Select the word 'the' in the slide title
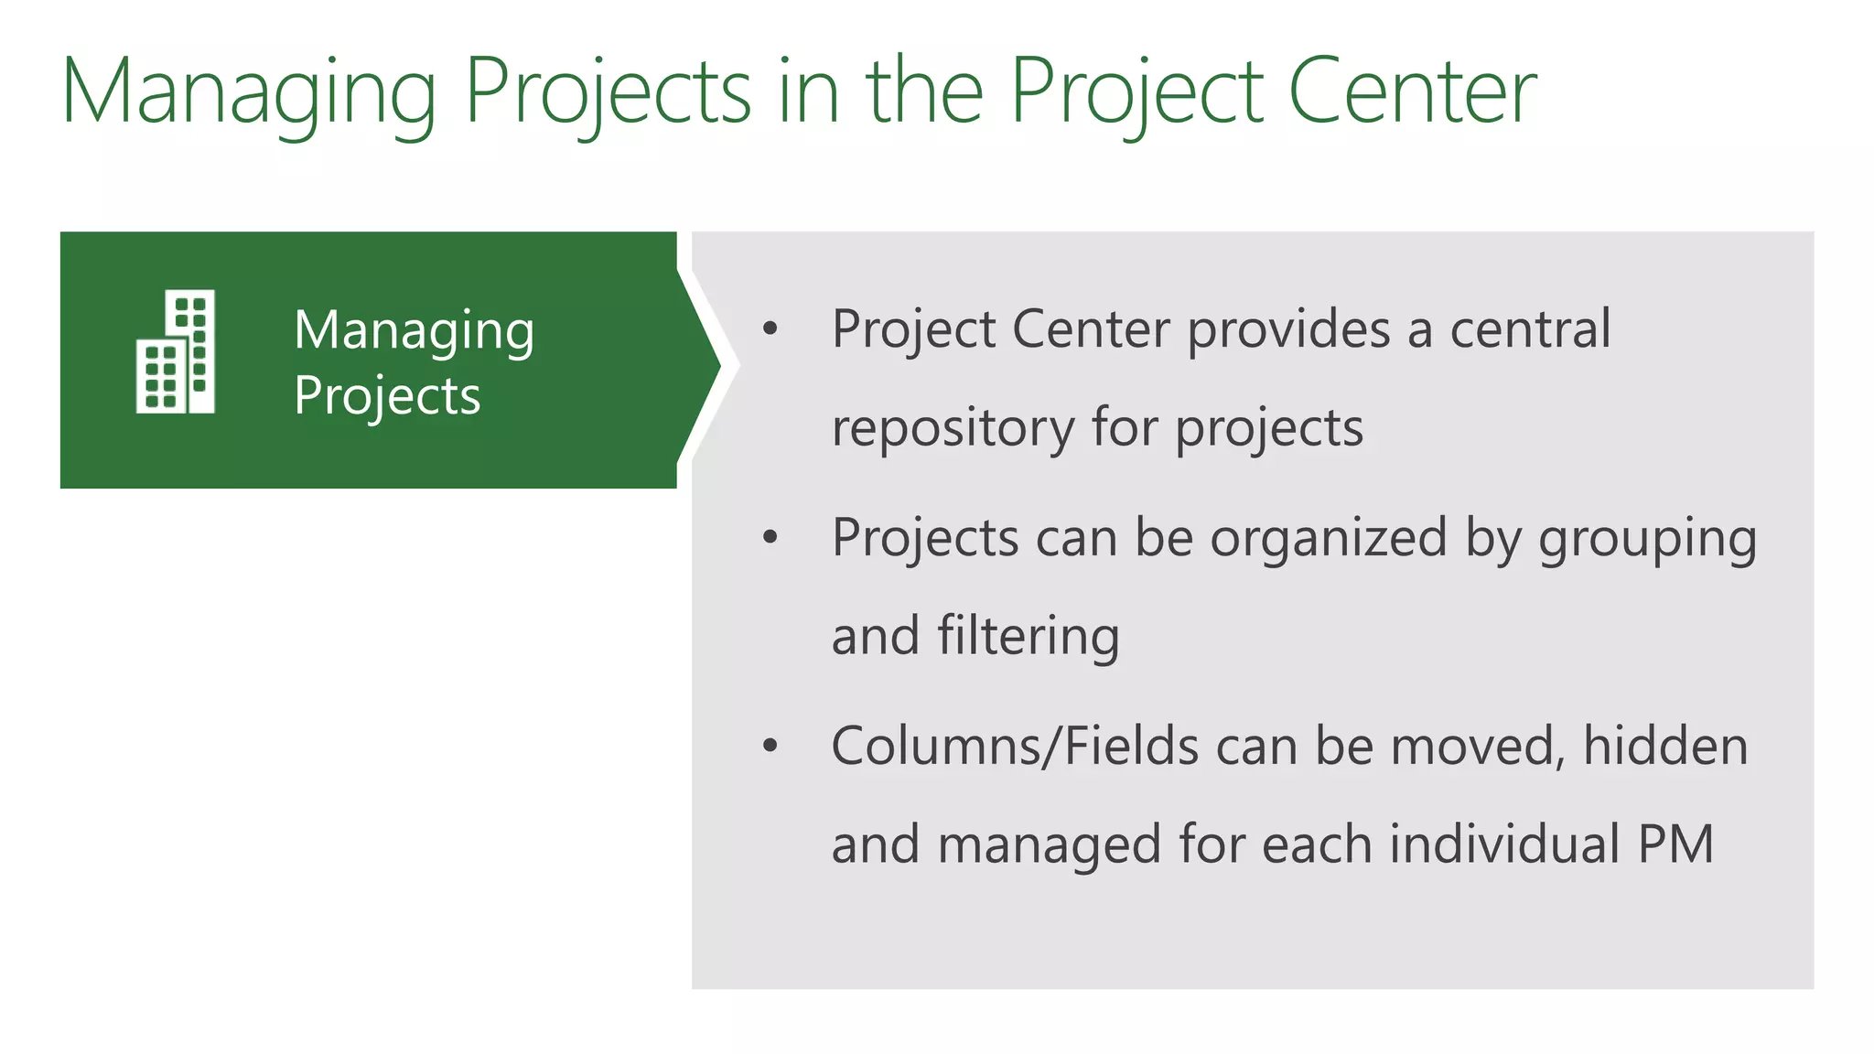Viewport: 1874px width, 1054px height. pyautogui.click(x=924, y=91)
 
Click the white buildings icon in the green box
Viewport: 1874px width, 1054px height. pyautogui.click(x=176, y=351)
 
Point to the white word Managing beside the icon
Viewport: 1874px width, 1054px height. pyautogui.click(x=414, y=331)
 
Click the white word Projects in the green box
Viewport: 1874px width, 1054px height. pyautogui.click(x=387, y=396)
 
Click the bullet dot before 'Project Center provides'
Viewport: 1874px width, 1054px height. pyautogui.click(x=770, y=329)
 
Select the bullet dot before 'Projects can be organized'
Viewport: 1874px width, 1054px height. pyautogui.click(x=770, y=538)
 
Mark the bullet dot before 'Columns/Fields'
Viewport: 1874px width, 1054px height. pyautogui.click(x=770, y=746)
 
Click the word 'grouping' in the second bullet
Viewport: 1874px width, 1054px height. pyautogui.click(x=1647, y=540)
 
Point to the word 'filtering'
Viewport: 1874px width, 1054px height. pyautogui.click(x=1028, y=636)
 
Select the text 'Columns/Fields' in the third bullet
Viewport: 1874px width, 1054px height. pyautogui.click(x=1014, y=746)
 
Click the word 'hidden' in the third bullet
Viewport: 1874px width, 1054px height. pyautogui.click(x=1665, y=746)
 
